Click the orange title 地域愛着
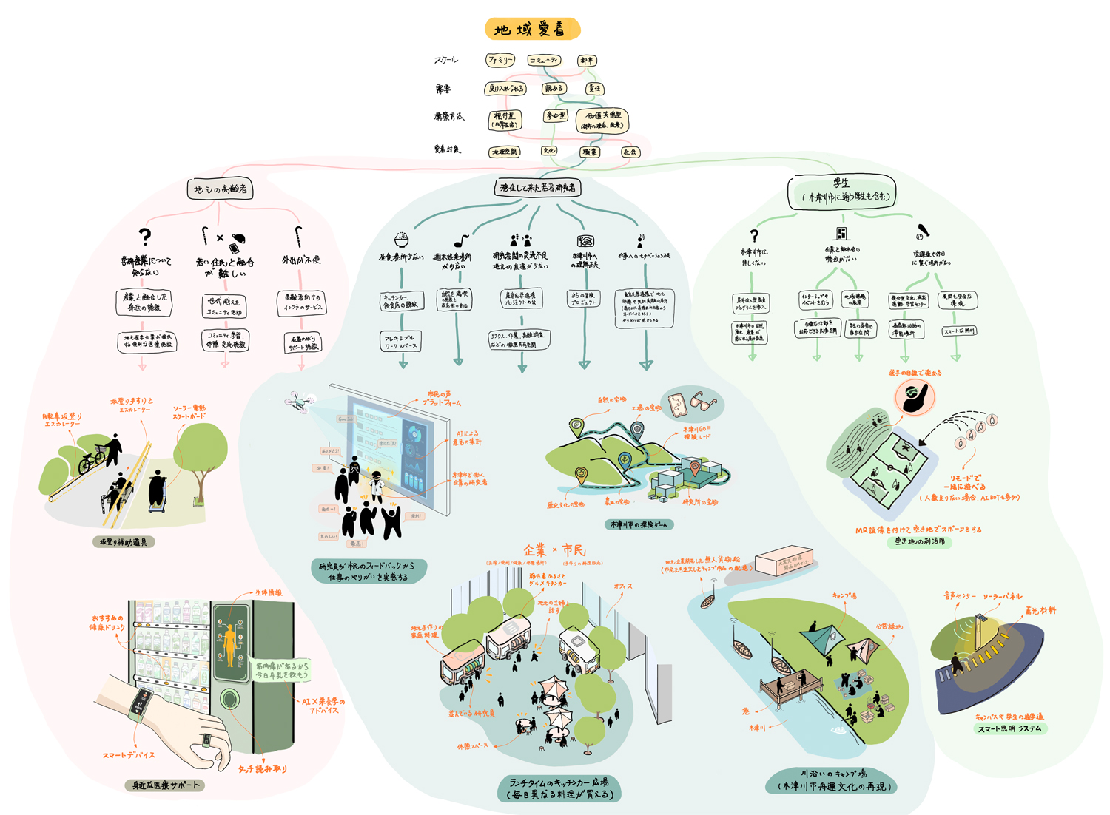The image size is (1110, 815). tap(531, 30)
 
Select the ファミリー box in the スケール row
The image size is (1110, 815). tap(500, 60)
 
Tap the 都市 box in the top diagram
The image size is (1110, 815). tap(587, 61)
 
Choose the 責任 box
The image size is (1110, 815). tap(594, 89)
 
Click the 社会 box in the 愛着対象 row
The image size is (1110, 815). tap(630, 152)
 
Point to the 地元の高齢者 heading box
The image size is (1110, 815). tap(220, 189)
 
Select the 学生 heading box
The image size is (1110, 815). tap(841, 191)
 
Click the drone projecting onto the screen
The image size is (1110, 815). tap(299, 402)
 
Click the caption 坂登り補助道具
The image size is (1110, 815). tap(124, 542)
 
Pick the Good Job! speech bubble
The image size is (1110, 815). tap(346, 419)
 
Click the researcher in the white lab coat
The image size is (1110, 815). tap(377, 484)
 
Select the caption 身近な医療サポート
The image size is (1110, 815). tap(166, 785)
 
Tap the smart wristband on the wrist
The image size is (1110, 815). tap(139, 703)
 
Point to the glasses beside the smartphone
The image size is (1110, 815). tap(701, 402)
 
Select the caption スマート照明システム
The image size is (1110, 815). tap(1009, 728)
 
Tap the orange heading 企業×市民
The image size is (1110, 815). tap(554, 550)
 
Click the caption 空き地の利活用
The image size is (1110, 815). tap(920, 541)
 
